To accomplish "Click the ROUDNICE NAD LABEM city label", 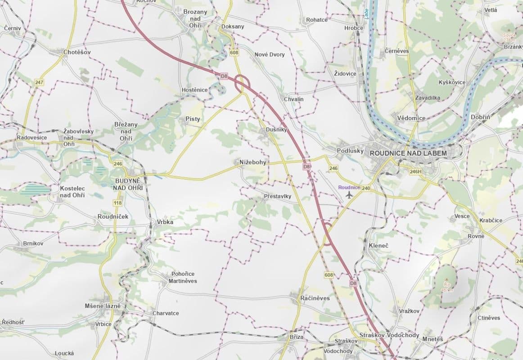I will [408, 153].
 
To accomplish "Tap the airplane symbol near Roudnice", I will [349, 194].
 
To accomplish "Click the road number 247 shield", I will [39, 83].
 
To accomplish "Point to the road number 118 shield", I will [118, 203].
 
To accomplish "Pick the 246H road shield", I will [416, 171].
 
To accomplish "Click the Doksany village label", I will [233, 27].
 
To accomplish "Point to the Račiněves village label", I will [315, 298].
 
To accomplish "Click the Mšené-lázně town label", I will [103, 306].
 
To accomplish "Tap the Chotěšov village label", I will [77, 52].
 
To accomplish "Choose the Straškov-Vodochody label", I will [389, 336].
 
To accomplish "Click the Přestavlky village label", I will [277, 196].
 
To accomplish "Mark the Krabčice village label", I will [491, 220].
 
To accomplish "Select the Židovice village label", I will [345, 73].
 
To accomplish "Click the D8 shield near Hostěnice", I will [224, 76].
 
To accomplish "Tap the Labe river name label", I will [366, 13].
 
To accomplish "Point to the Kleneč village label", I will [378, 246].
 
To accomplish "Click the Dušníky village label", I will [276, 130].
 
